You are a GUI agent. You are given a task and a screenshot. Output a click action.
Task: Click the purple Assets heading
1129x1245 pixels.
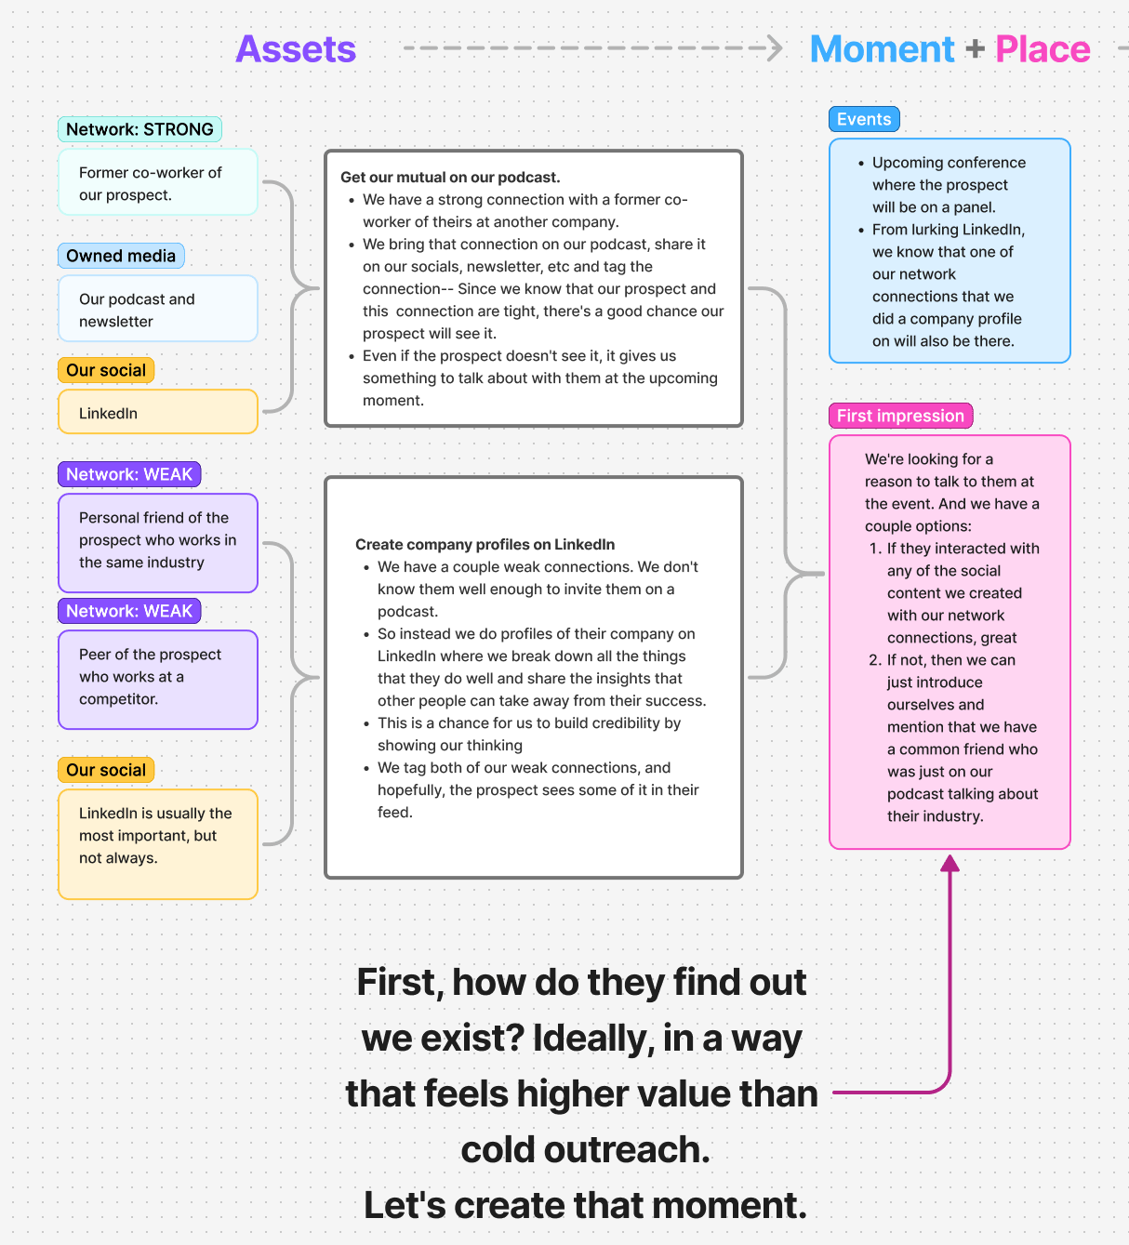[x=296, y=48]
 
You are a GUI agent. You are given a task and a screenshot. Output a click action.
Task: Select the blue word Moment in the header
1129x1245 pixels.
[x=882, y=48]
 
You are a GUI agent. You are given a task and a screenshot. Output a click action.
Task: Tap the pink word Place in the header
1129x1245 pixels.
[x=1043, y=48]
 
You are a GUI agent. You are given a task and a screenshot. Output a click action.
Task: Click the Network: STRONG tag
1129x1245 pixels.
[x=139, y=129]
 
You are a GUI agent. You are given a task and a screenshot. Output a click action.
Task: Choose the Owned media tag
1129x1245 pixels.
[x=121, y=256]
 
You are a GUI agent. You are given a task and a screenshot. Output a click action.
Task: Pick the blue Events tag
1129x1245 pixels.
[x=864, y=119]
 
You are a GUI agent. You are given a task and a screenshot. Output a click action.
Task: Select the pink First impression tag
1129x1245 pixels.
[x=900, y=416]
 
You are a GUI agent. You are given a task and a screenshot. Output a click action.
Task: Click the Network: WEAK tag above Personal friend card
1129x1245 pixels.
[x=129, y=474]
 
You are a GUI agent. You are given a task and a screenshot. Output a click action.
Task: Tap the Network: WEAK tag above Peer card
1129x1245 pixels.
[x=129, y=611]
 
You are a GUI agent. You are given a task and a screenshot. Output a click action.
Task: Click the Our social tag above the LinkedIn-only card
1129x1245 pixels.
[x=106, y=370]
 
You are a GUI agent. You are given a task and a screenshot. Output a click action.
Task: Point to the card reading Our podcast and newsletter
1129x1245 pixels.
[x=158, y=309]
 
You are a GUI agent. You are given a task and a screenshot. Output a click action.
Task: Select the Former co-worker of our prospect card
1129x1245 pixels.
[x=158, y=182]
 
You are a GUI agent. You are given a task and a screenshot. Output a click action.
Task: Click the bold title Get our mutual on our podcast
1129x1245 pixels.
[x=450, y=178]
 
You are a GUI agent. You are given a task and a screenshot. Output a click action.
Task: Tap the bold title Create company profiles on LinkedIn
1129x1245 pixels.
[x=485, y=545]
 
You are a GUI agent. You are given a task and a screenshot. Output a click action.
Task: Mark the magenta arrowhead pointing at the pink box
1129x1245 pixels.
[x=950, y=863]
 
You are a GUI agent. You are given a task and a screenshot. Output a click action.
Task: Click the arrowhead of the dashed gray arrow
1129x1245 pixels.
[x=775, y=47]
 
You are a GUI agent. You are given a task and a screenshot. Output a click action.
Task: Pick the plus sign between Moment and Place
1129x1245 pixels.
[x=975, y=48]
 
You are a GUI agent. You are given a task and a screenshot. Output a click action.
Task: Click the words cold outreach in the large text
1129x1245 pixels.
[x=585, y=1149]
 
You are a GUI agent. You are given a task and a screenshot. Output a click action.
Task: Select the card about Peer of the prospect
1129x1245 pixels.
[x=158, y=680]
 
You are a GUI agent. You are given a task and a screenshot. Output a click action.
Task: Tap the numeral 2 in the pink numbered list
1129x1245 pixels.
[x=874, y=660]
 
